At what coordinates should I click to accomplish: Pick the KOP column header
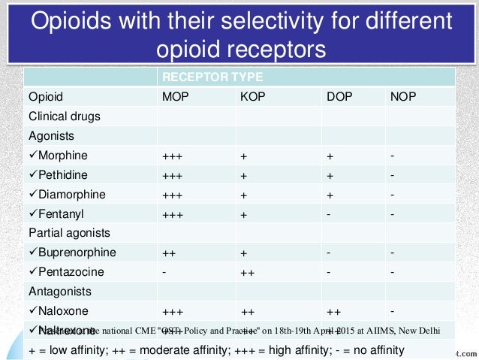pos(254,97)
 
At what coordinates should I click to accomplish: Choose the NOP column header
pos(405,97)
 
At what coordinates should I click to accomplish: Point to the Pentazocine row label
pos(71,271)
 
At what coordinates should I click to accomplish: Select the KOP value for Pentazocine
pos(248,271)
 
